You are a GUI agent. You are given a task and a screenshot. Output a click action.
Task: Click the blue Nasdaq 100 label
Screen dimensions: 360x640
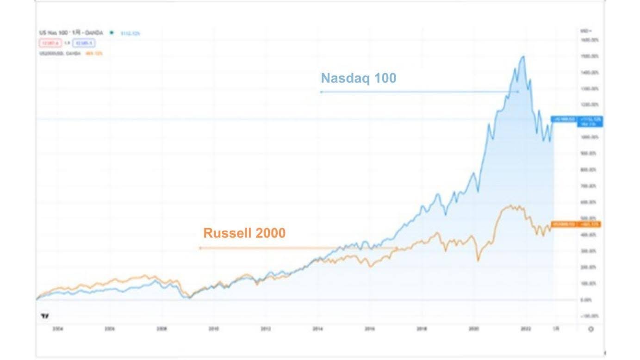359,78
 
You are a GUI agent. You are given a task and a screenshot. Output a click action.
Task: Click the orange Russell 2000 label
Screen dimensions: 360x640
244,233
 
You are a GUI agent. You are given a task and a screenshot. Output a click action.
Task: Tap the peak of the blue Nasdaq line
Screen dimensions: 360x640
523,56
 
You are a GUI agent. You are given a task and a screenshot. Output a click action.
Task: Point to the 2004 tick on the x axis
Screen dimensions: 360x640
58,329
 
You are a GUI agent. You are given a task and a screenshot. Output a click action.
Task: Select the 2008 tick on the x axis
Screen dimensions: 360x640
162,329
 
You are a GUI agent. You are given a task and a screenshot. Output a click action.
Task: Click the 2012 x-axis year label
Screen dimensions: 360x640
266,329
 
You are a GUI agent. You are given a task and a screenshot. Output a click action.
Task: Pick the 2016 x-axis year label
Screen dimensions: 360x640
369,329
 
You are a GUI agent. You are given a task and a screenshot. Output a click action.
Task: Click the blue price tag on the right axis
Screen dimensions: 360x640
576,121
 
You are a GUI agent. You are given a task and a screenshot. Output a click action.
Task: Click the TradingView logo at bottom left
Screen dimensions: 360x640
45,316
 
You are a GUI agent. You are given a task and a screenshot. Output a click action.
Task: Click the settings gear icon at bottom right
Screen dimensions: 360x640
590,329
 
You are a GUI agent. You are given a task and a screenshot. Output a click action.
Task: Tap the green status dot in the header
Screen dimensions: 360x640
112,33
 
